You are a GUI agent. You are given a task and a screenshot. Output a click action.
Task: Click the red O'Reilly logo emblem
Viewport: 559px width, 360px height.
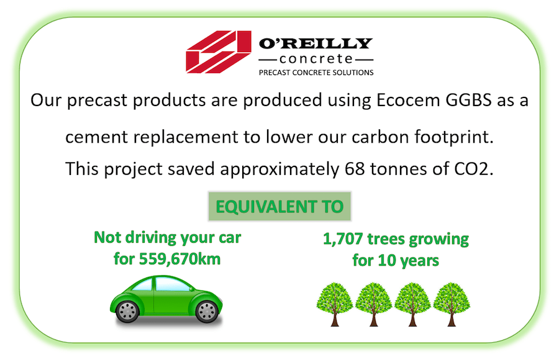pos(219,52)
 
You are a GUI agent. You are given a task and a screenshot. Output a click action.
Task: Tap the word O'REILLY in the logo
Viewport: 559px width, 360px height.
pos(316,43)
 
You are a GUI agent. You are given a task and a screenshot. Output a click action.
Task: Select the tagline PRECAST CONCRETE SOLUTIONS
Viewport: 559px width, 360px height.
pos(316,73)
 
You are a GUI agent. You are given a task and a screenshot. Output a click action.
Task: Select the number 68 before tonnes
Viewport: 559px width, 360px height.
pos(355,169)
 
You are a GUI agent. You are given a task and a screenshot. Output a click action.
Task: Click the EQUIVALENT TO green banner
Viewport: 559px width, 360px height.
pos(280,206)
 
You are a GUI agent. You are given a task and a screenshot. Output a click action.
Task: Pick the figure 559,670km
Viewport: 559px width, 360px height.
pos(180,259)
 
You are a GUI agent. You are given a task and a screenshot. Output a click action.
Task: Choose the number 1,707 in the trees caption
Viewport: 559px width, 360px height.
pos(343,239)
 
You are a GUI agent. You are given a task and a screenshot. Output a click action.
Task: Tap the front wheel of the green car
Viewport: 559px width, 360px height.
pos(207,312)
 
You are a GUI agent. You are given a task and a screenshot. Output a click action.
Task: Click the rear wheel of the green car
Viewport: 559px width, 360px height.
pos(127,312)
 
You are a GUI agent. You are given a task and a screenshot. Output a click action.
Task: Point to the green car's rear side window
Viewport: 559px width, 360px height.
pos(143,286)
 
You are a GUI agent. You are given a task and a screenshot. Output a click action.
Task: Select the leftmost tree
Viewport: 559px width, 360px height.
pos(335,304)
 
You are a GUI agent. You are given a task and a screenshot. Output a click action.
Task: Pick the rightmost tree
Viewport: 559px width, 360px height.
pos(452,304)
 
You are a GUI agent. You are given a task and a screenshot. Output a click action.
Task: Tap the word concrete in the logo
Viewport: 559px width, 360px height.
pos(316,59)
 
